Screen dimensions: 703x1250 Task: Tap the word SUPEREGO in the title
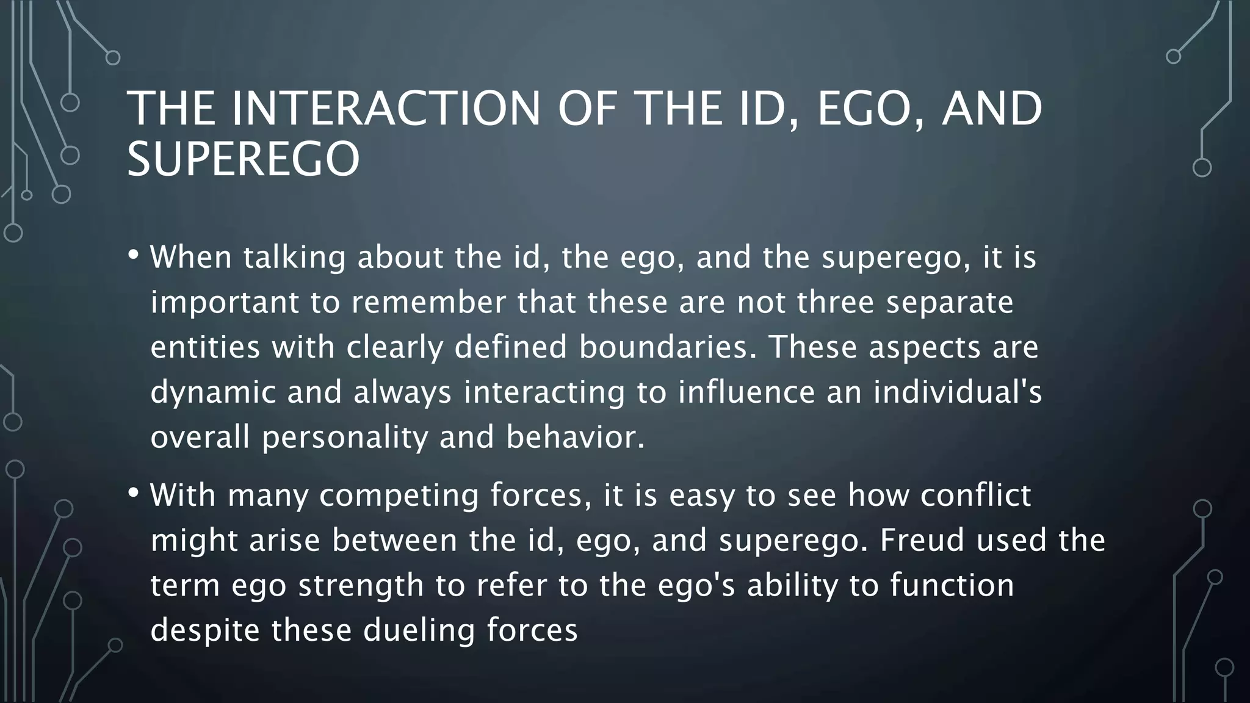pos(243,159)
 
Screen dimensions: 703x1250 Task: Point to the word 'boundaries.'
pos(667,347)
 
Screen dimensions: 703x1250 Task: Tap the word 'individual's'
pos(957,392)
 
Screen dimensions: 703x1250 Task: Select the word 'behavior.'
pos(575,437)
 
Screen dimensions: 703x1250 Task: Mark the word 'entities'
pos(205,347)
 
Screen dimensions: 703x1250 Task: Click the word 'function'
pos(952,585)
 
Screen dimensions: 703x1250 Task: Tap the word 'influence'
pos(746,392)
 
